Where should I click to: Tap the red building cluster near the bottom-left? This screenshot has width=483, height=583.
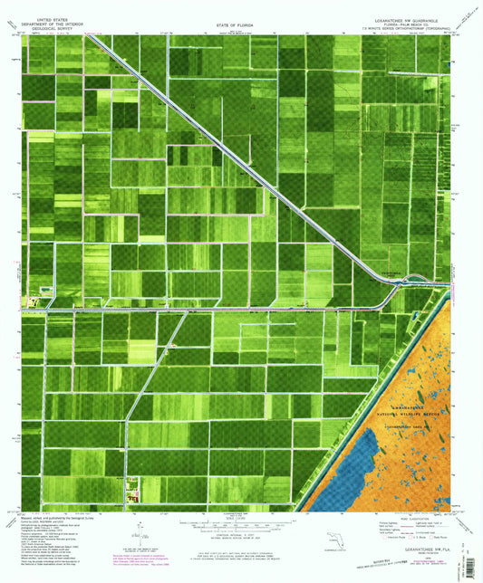(x=131, y=493)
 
